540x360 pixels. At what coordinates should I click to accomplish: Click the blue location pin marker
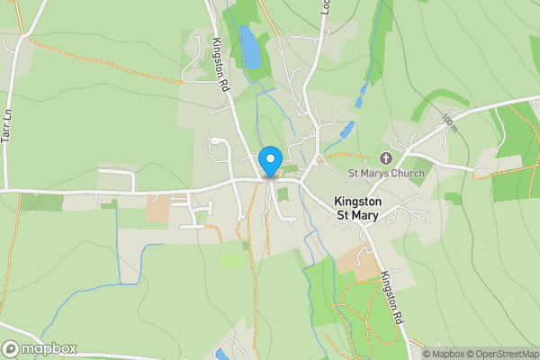[269, 162]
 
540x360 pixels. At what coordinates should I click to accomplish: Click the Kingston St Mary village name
[358, 208]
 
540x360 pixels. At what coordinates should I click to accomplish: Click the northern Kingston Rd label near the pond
[219, 64]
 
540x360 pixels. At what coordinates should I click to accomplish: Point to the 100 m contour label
[449, 121]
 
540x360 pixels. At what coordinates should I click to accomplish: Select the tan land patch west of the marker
[158, 209]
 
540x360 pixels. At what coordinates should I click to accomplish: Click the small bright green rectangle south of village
[231, 259]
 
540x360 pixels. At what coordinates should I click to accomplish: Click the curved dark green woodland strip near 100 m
[437, 102]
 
